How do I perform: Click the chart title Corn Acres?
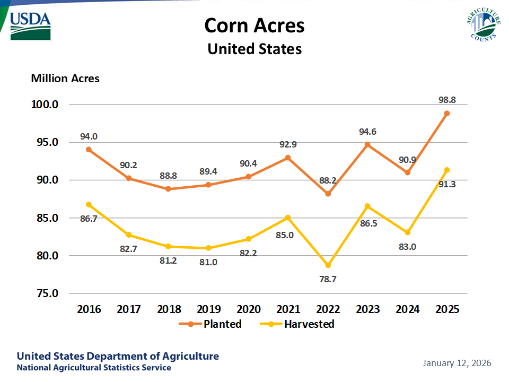254,25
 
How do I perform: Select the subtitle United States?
254,49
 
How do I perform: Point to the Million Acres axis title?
65,79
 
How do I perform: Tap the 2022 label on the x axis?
328,309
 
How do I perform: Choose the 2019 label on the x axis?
208,309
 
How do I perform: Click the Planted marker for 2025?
447,113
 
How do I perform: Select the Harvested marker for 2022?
328,265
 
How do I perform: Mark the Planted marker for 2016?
89,150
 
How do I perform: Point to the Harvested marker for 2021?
288,218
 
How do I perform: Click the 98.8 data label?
447,99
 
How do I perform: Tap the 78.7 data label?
327,279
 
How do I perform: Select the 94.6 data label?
367,132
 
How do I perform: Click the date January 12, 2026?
457,363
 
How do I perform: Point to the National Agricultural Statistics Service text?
94,368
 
